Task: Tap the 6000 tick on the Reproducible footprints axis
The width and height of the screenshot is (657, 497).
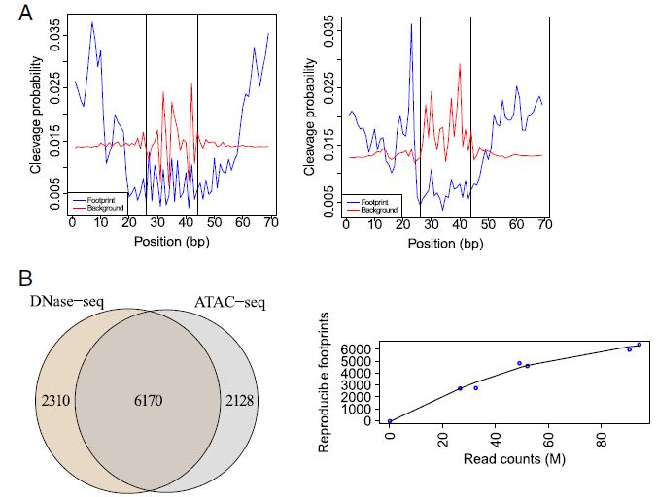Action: point(360,348)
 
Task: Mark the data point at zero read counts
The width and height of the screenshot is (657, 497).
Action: point(390,421)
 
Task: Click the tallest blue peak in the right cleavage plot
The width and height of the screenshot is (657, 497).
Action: point(412,24)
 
